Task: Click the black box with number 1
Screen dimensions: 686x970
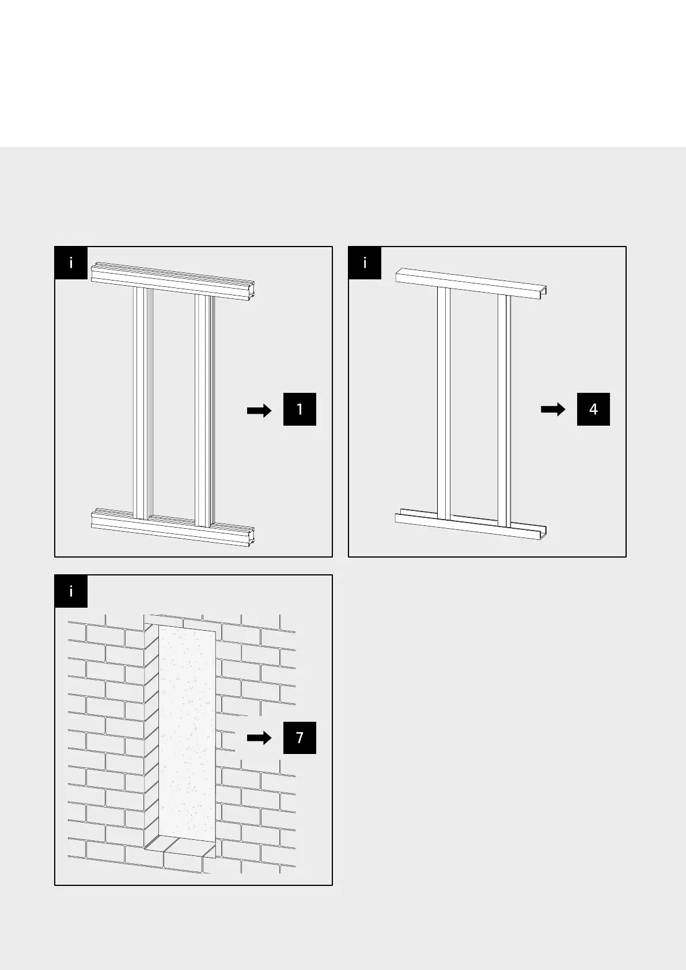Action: click(300, 409)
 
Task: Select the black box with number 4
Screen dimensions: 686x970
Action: click(593, 409)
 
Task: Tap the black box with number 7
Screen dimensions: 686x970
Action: click(300, 737)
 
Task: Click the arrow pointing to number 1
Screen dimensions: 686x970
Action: click(259, 411)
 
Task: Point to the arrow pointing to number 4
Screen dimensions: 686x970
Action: click(553, 409)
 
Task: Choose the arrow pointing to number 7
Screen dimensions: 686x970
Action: click(259, 738)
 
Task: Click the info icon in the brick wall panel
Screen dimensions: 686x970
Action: click(71, 592)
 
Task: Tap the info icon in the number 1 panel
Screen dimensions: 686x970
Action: click(71, 263)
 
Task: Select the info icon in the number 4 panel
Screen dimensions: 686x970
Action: click(365, 263)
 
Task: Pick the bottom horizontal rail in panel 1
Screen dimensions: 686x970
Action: click(172, 527)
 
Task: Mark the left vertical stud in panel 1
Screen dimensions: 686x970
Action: click(143, 403)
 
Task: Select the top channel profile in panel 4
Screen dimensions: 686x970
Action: click(471, 283)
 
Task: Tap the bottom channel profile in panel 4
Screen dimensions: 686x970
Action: click(471, 524)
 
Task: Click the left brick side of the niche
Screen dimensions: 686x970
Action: click(151, 732)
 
